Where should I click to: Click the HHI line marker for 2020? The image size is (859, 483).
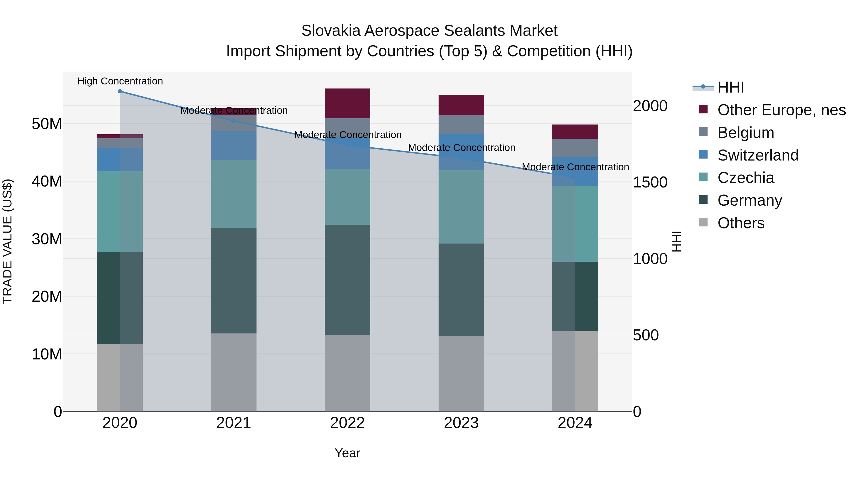click(120, 91)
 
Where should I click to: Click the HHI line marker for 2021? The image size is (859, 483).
click(234, 121)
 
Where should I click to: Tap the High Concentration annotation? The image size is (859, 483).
click(120, 81)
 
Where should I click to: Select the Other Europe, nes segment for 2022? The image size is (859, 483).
click(347, 103)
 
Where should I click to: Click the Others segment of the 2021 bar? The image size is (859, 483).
click(234, 372)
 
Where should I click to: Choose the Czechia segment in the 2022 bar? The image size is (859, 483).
click(347, 197)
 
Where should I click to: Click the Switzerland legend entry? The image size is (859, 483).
click(758, 155)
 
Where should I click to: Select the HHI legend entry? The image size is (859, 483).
click(730, 87)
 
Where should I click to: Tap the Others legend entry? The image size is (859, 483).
click(741, 223)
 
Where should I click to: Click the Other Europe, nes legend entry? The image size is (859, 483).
click(781, 110)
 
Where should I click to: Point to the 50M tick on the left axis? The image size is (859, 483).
click(47, 124)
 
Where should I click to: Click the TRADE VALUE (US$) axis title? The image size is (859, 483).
click(7, 241)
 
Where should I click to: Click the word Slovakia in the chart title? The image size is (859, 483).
click(331, 31)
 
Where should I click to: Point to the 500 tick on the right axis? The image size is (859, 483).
click(646, 335)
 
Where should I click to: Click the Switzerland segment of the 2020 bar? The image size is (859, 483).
click(120, 160)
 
